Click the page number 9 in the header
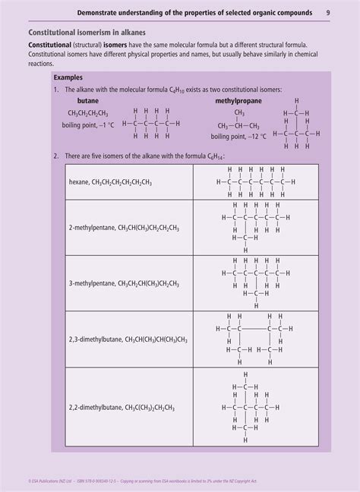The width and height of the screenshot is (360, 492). click(327, 12)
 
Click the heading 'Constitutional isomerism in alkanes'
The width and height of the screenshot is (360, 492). click(87, 33)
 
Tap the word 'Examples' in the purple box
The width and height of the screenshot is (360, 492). click(69, 77)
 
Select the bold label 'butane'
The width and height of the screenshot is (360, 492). click(77, 99)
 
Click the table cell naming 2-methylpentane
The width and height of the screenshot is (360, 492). click(123, 227)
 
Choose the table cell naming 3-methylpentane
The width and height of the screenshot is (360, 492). click(123, 283)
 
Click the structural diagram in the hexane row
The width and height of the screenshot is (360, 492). click(254, 181)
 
